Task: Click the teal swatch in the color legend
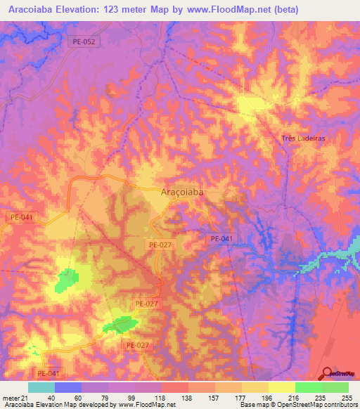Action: pyautogui.click(x=41, y=388)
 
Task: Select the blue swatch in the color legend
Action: pyautogui.click(x=68, y=388)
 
